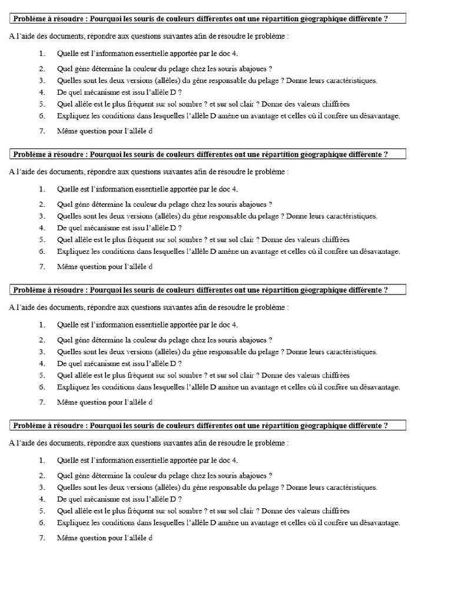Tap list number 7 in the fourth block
tap(42, 538)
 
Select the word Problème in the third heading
tap(29, 290)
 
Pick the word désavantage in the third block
tap(380, 387)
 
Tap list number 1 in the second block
tap(42, 189)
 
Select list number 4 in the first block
tap(42, 92)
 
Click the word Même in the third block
tap(67, 403)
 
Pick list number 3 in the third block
tap(42, 352)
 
